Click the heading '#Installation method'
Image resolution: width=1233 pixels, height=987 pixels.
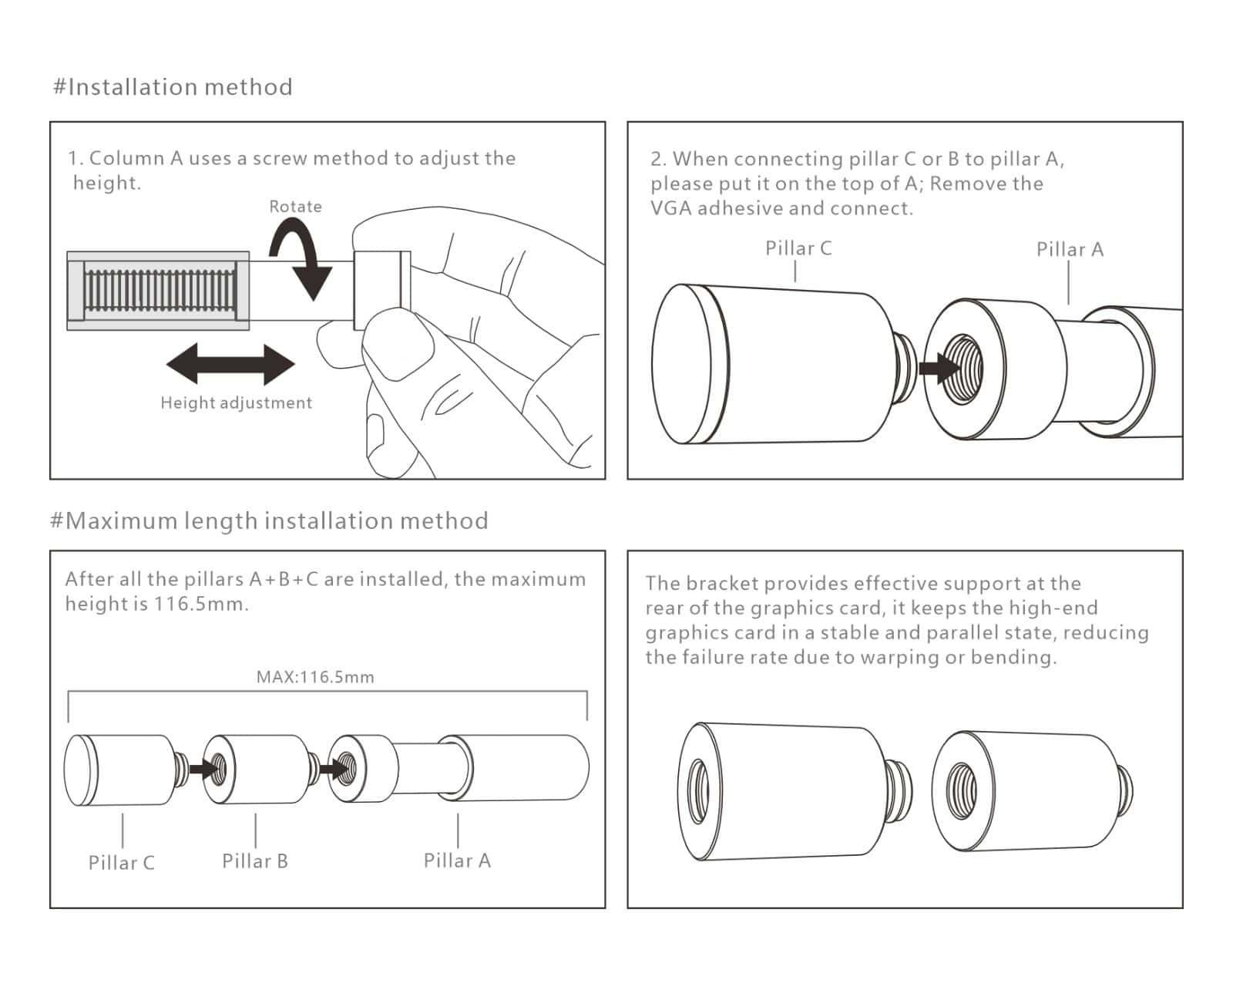pyautogui.click(x=173, y=87)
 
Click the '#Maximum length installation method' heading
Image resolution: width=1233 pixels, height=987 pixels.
pyautogui.click(x=269, y=521)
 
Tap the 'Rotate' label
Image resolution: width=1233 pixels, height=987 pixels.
pyautogui.click(x=295, y=207)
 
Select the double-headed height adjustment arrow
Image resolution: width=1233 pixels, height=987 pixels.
pyautogui.click(x=230, y=364)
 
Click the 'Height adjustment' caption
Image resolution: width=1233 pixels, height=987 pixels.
pyautogui.click(x=236, y=403)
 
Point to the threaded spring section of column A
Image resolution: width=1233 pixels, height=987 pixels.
pyautogui.click(x=160, y=291)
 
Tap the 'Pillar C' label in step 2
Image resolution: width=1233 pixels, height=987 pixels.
pyautogui.click(x=798, y=248)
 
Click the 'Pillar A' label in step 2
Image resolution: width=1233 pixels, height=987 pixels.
pyautogui.click(x=1070, y=250)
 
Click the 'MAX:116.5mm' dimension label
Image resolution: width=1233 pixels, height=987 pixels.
pyautogui.click(x=315, y=677)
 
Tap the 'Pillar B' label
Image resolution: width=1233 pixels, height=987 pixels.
pyautogui.click(x=255, y=861)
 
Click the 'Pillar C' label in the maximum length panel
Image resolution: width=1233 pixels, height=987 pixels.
pyautogui.click(x=122, y=863)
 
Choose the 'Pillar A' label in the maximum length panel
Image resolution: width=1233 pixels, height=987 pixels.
pyautogui.click(x=457, y=861)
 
